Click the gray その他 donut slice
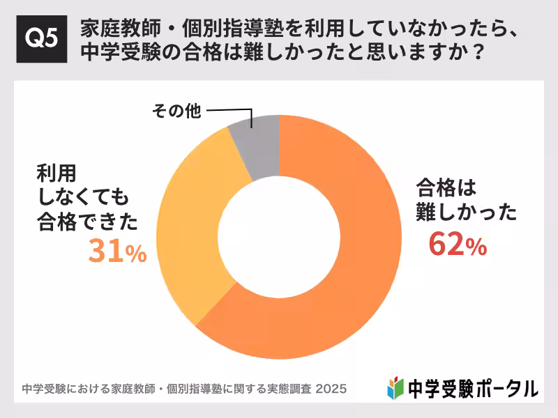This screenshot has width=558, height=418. tap(255, 147)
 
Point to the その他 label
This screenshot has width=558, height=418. tap(174, 111)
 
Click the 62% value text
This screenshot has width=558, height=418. tap(457, 245)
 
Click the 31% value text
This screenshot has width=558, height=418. tap(117, 252)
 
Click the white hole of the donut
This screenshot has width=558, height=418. tap(279, 237)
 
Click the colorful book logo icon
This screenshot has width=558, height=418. tap(395, 387)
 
